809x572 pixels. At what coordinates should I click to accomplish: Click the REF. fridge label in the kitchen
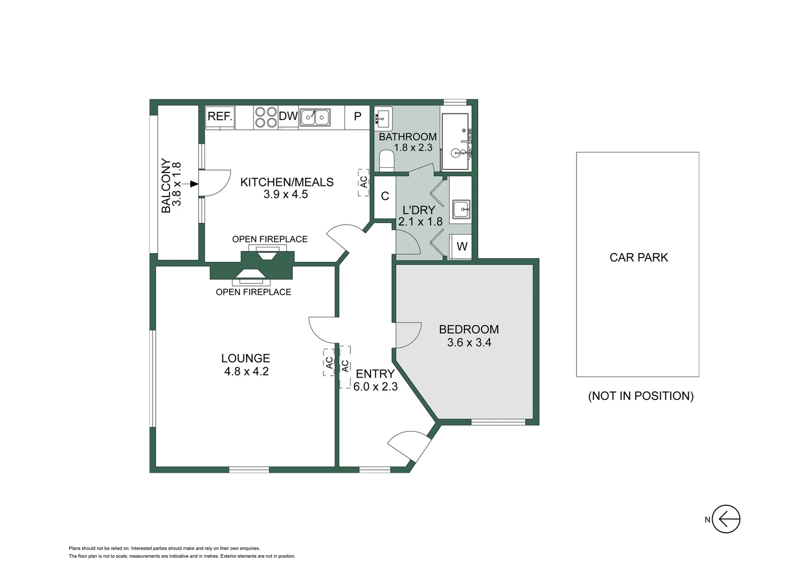pyautogui.click(x=220, y=117)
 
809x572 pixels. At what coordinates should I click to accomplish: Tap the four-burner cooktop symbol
pyautogui.click(x=265, y=118)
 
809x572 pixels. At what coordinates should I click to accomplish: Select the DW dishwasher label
pyautogui.click(x=288, y=116)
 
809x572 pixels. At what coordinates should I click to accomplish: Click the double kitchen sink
pyautogui.click(x=315, y=117)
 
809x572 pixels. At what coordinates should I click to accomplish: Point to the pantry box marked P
pyautogui.click(x=357, y=117)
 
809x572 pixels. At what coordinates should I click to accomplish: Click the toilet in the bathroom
pyautogui.click(x=387, y=160)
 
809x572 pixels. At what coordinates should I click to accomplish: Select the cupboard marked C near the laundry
pyautogui.click(x=385, y=196)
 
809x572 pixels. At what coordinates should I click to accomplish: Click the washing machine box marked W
pyautogui.click(x=462, y=246)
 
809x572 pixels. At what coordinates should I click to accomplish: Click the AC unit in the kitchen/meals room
pyautogui.click(x=363, y=182)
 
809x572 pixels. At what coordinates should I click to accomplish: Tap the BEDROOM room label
pyautogui.click(x=469, y=329)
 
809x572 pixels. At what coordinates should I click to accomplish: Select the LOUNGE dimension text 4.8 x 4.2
pyautogui.click(x=246, y=372)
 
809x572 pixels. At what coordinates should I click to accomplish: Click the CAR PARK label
pyautogui.click(x=639, y=257)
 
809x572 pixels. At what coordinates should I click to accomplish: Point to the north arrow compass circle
pyautogui.click(x=726, y=519)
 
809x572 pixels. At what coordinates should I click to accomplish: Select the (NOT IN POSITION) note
pyautogui.click(x=641, y=396)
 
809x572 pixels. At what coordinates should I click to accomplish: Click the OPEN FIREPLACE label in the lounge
pyautogui.click(x=253, y=292)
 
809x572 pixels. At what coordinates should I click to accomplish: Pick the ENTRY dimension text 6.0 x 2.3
pyautogui.click(x=375, y=387)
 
